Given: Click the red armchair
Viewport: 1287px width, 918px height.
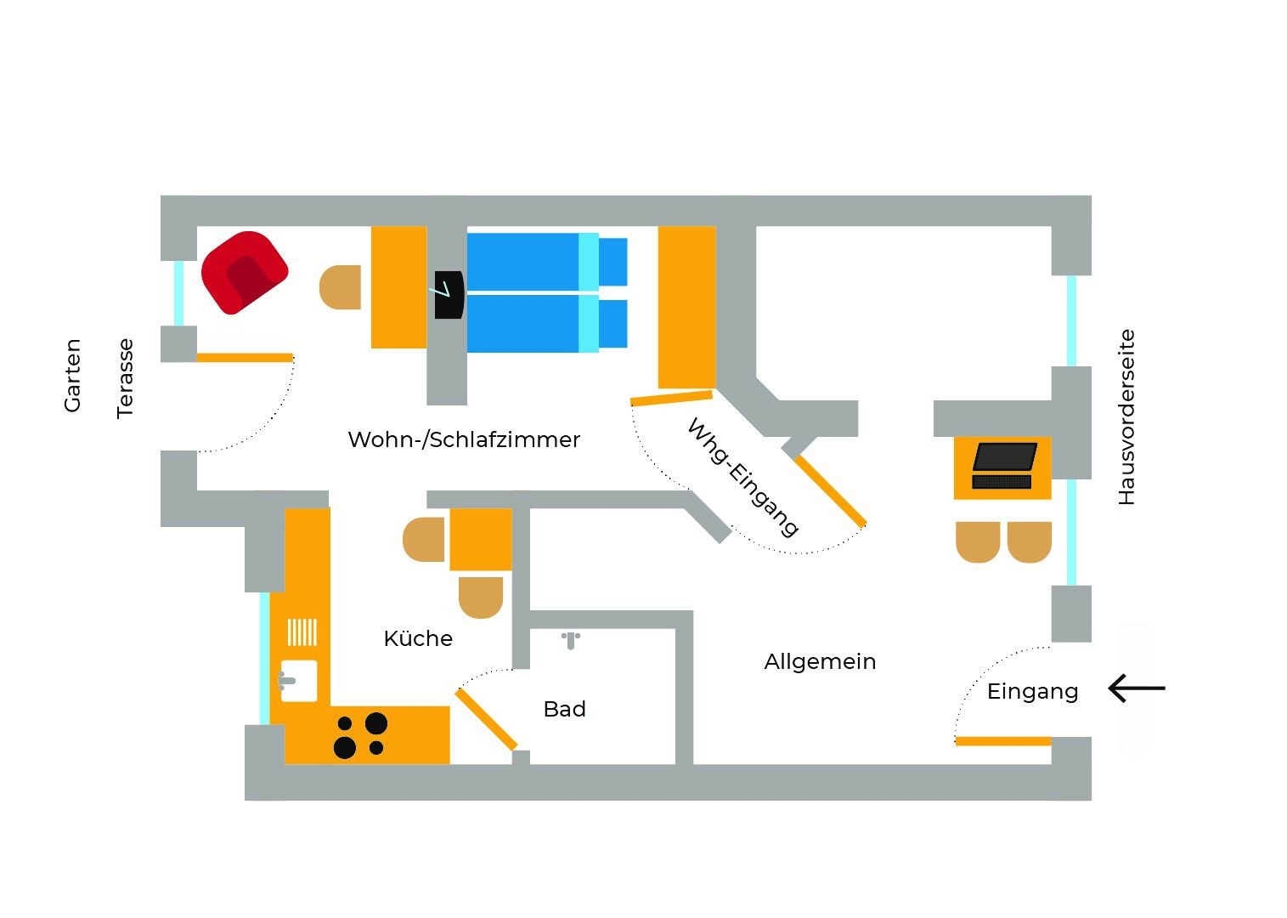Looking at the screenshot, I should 245,272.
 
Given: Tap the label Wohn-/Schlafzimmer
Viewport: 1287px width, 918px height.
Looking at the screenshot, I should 464,439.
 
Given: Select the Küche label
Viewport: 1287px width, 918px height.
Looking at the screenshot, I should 418,638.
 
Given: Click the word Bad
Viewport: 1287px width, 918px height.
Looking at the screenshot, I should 565,709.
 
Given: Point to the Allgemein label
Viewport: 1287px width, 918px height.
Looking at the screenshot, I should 820,661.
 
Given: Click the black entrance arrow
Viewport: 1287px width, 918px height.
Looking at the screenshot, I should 1137,688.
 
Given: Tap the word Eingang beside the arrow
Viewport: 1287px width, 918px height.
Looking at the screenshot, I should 1032,691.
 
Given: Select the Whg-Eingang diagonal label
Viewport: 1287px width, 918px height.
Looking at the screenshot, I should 742,477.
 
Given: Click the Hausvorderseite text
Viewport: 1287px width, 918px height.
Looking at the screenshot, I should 1126,417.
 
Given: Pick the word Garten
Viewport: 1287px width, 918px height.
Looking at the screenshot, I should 73,375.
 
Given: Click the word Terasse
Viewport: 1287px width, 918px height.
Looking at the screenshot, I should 126,378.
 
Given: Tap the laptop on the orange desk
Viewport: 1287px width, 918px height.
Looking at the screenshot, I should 1004,465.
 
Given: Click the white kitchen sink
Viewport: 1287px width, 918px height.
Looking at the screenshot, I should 298,681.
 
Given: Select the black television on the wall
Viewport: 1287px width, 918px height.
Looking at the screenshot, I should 449,295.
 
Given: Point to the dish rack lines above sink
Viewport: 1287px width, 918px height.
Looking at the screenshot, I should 302,632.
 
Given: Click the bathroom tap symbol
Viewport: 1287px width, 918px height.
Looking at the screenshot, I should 571,639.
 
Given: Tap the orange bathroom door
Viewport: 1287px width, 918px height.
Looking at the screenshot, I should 486,719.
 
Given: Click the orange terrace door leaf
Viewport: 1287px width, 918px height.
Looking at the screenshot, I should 245,358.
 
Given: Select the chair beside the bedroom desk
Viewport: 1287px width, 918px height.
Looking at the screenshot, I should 341,286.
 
